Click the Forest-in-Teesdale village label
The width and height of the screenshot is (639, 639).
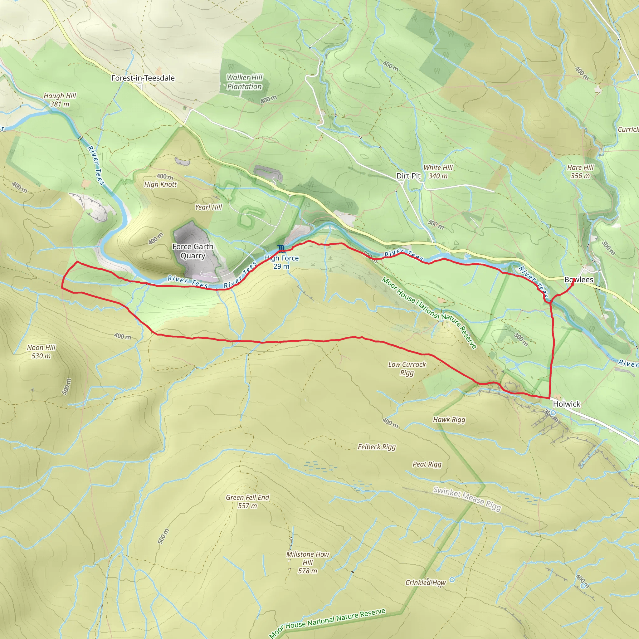[x=143, y=78]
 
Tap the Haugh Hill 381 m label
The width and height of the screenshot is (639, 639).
[x=60, y=100]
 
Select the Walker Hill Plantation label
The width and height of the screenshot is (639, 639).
[x=244, y=82]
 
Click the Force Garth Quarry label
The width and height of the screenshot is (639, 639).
[x=193, y=251]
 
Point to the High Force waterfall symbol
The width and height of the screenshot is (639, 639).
[x=281, y=248]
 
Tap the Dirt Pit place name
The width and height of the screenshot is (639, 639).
[x=408, y=176]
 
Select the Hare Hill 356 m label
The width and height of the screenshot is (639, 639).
[x=580, y=172]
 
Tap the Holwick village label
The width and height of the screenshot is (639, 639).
[x=567, y=404]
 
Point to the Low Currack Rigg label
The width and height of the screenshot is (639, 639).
[x=407, y=368]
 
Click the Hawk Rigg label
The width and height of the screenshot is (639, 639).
[x=449, y=420]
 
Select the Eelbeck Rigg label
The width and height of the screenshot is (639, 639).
[x=377, y=447]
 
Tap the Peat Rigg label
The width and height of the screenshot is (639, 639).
[x=427, y=464]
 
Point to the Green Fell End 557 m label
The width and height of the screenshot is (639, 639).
[x=247, y=501]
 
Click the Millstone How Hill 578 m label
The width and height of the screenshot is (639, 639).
[x=308, y=562]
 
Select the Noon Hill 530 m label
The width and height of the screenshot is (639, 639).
[x=41, y=352]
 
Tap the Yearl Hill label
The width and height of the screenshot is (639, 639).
[x=208, y=207]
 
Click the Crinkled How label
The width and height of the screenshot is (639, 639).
[x=426, y=583]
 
